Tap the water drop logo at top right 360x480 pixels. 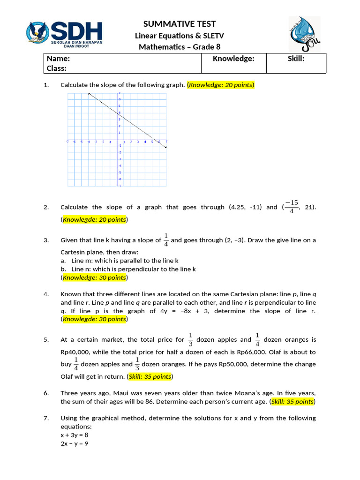tap(304, 34)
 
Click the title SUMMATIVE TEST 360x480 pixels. tap(179, 24)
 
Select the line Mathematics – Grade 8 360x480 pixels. tap(179, 47)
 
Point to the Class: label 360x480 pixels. tap(57, 68)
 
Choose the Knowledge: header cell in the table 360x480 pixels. tap(233, 59)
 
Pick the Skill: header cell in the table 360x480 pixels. tap(296, 59)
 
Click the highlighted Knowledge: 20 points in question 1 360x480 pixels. tap(220, 85)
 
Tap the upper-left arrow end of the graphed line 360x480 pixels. tap(89, 95)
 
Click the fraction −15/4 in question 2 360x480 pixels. tap(291, 207)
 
